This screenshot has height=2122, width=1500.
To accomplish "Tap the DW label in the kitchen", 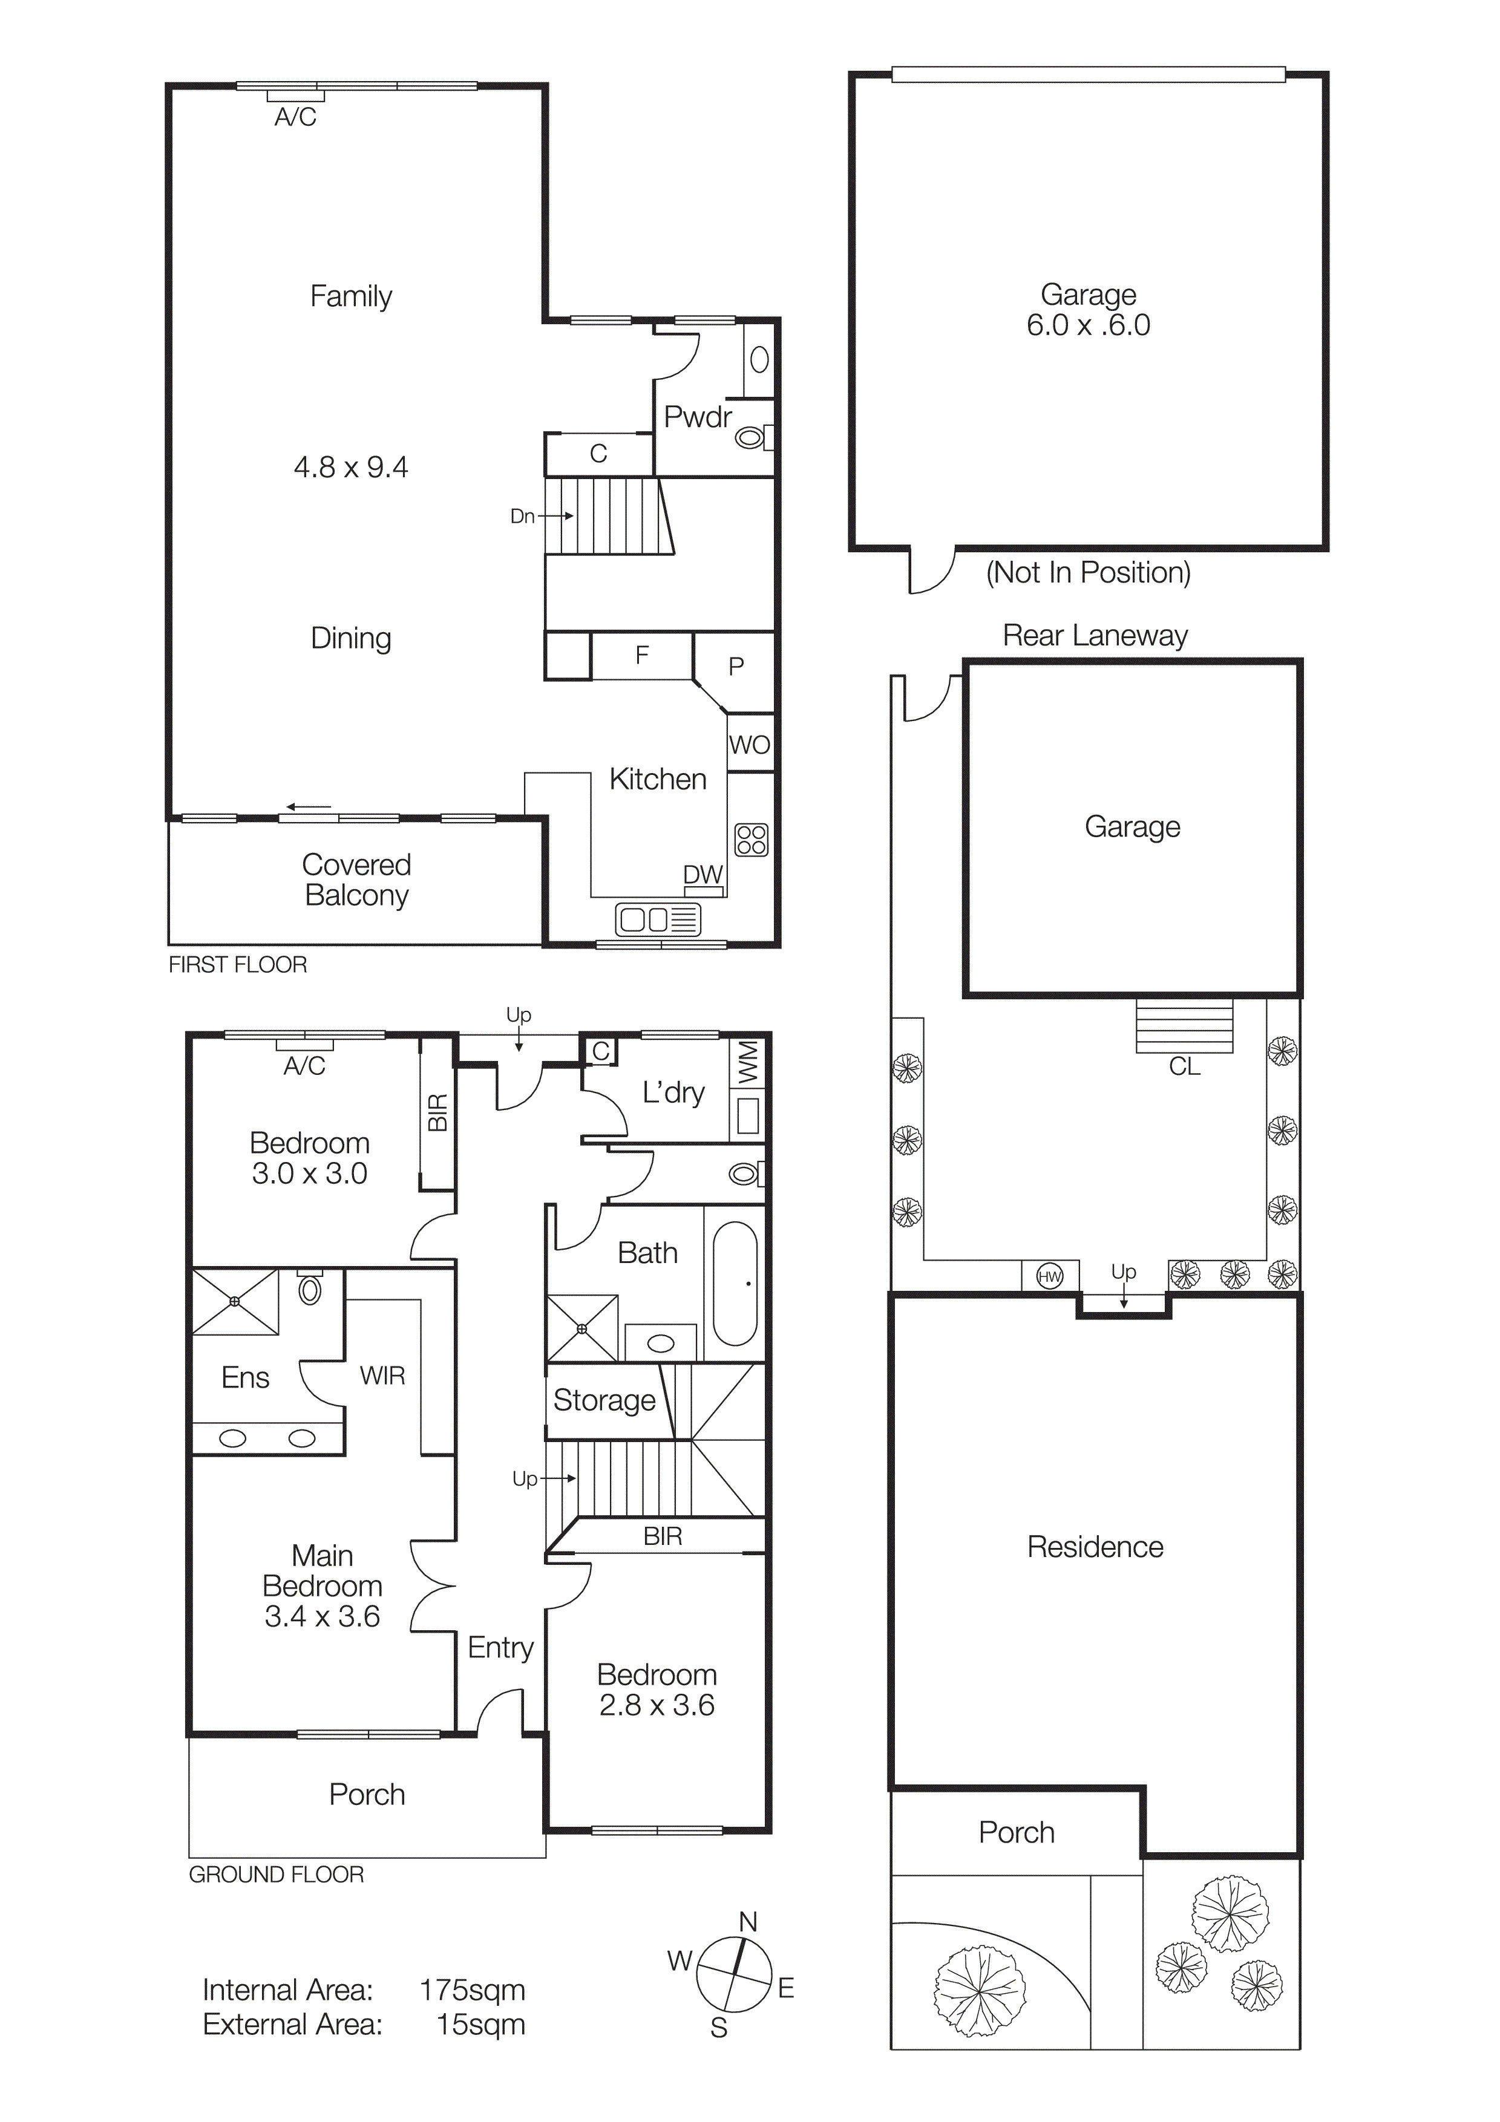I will coord(703,874).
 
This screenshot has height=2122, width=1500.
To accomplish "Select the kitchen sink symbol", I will coord(658,919).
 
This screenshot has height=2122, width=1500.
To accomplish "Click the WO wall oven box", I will coord(750,744).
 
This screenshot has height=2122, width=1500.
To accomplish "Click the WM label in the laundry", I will coord(748,1062).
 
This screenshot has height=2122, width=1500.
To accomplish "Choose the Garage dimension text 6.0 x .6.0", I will coord(1088,325).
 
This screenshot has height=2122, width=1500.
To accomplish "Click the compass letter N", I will coord(748,1921).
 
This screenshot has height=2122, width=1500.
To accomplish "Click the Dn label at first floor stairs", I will coord(522,516).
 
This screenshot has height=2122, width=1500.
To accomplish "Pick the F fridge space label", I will coord(641,655).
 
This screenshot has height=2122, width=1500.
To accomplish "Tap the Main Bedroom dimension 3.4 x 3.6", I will coord(322,1616).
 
